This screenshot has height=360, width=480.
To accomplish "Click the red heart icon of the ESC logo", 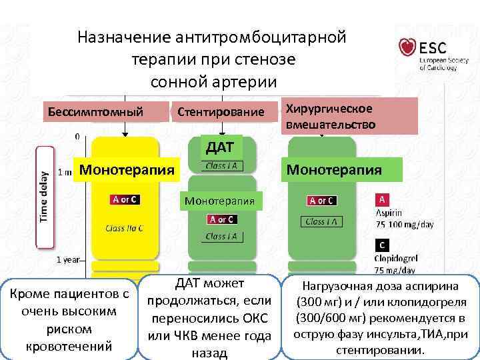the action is (x=407, y=47).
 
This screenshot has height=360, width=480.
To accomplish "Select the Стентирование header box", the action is (x=221, y=111).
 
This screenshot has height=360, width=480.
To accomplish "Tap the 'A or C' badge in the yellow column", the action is (x=125, y=199).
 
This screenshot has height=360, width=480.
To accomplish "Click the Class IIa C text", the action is (x=124, y=228).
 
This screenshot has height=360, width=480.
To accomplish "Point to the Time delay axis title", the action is (x=44, y=194).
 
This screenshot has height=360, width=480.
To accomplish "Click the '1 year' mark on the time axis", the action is (x=68, y=259).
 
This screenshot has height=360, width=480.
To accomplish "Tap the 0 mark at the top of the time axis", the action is (x=77, y=136).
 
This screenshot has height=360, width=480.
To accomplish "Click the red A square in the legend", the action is (x=383, y=199).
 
